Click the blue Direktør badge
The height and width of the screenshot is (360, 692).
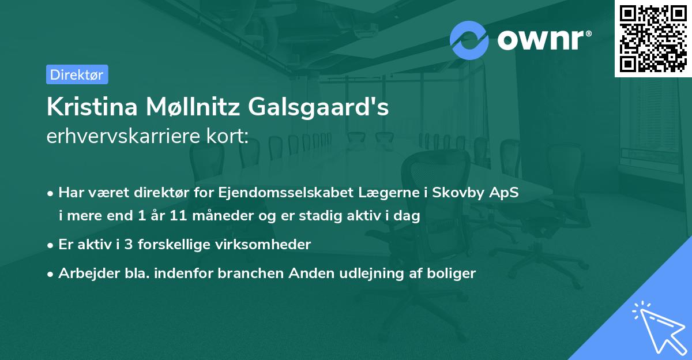[x=77, y=74]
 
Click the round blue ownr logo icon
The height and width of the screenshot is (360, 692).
[x=469, y=40]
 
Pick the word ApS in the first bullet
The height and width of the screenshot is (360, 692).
[x=505, y=193]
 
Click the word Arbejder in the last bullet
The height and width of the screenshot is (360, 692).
[x=85, y=273]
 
